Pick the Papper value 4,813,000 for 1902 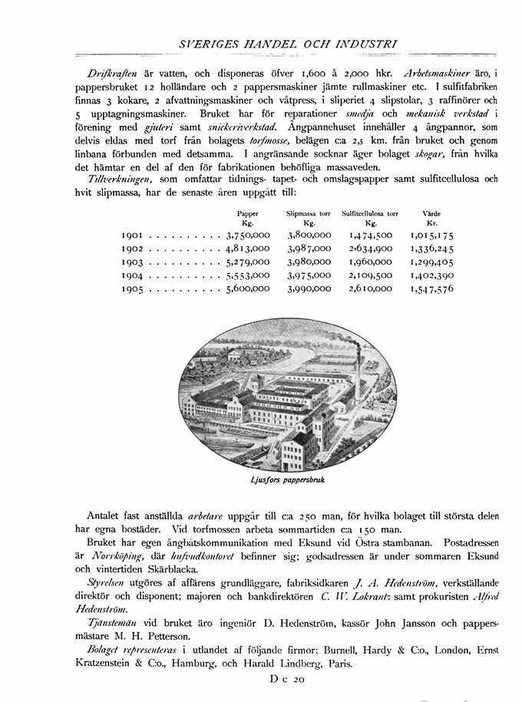click(248, 249)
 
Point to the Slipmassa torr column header click(308, 211)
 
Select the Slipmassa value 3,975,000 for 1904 click(309, 275)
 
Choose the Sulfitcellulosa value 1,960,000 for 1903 click(371, 262)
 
